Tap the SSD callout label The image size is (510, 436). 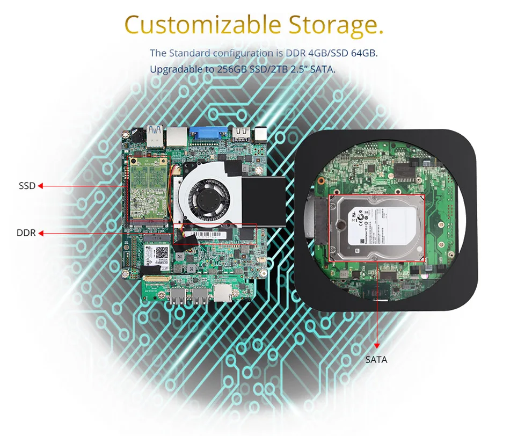pyautogui.click(x=27, y=186)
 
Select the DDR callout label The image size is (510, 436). pyautogui.click(x=26, y=233)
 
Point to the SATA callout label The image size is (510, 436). pyautogui.click(x=376, y=359)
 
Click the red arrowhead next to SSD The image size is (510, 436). pyautogui.click(x=40, y=186)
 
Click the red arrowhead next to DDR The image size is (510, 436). pyautogui.click(x=40, y=233)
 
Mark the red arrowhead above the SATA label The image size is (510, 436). pyautogui.click(x=376, y=345)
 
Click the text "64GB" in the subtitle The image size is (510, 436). pyautogui.click(x=367, y=53)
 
